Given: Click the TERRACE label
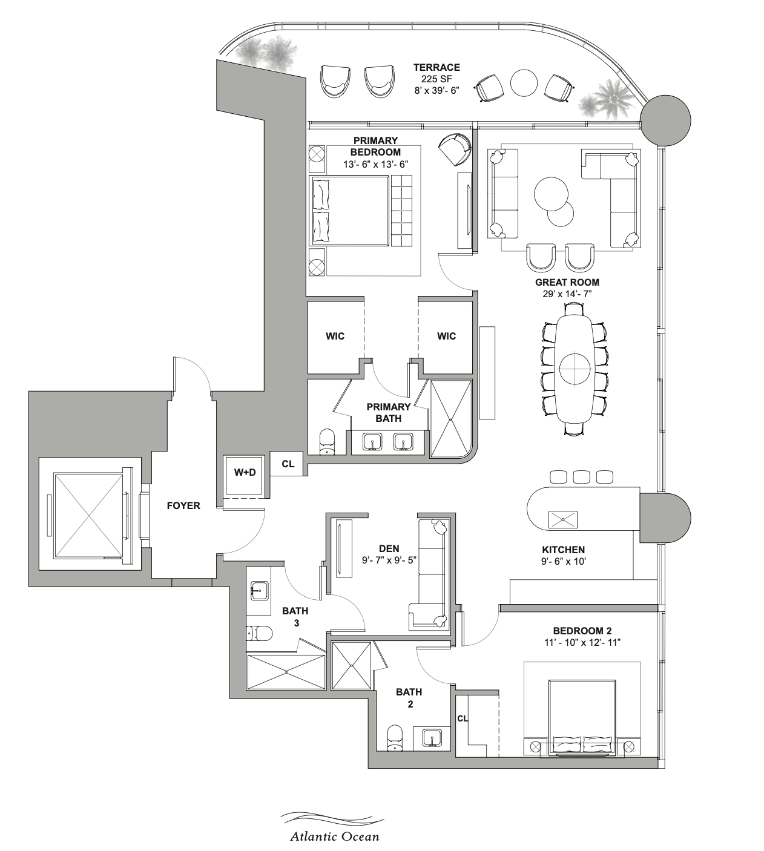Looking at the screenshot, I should [436, 67].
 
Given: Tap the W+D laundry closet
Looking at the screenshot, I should [245, 473].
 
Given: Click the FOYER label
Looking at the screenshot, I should [183, 505].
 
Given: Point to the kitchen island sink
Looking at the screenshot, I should [562, 519].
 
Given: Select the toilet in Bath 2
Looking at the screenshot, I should [395, 737].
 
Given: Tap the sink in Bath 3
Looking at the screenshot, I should [260, 590].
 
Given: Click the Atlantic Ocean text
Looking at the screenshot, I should [334, 836].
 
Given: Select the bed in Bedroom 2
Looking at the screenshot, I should [582, 717].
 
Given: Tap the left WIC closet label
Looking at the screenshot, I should [335, 336].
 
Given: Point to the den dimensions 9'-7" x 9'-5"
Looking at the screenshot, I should [389, 560].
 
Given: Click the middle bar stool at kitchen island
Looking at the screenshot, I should [581, 476].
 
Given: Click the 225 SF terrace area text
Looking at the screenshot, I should [436, 79].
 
